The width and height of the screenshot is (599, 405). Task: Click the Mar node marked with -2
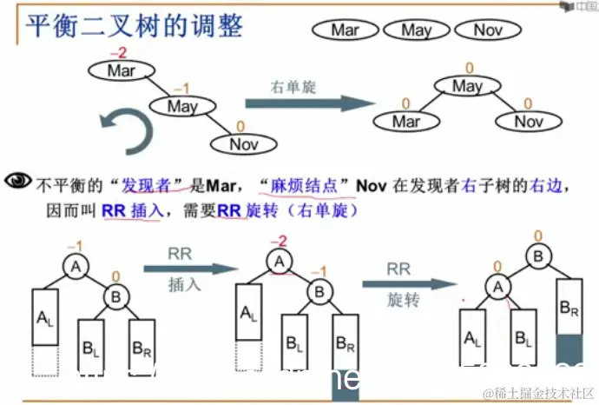(x=122, y=71)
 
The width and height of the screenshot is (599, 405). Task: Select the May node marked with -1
(x=182, y=107)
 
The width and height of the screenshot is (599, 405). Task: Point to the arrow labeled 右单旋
(x=295, y=103)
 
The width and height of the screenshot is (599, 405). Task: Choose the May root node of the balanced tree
(x=467, y=86)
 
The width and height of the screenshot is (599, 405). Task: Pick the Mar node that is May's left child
(x=406, y=121)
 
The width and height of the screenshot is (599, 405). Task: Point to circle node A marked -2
(x=279, y=261)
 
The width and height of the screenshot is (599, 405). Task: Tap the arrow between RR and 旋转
(x=408, y=283)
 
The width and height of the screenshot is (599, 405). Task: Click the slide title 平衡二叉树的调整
(x=134, y=25)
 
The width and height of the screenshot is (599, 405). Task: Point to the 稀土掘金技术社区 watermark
(x=537, y=393)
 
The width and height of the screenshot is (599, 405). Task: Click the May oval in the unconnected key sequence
(x=416, y=30)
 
